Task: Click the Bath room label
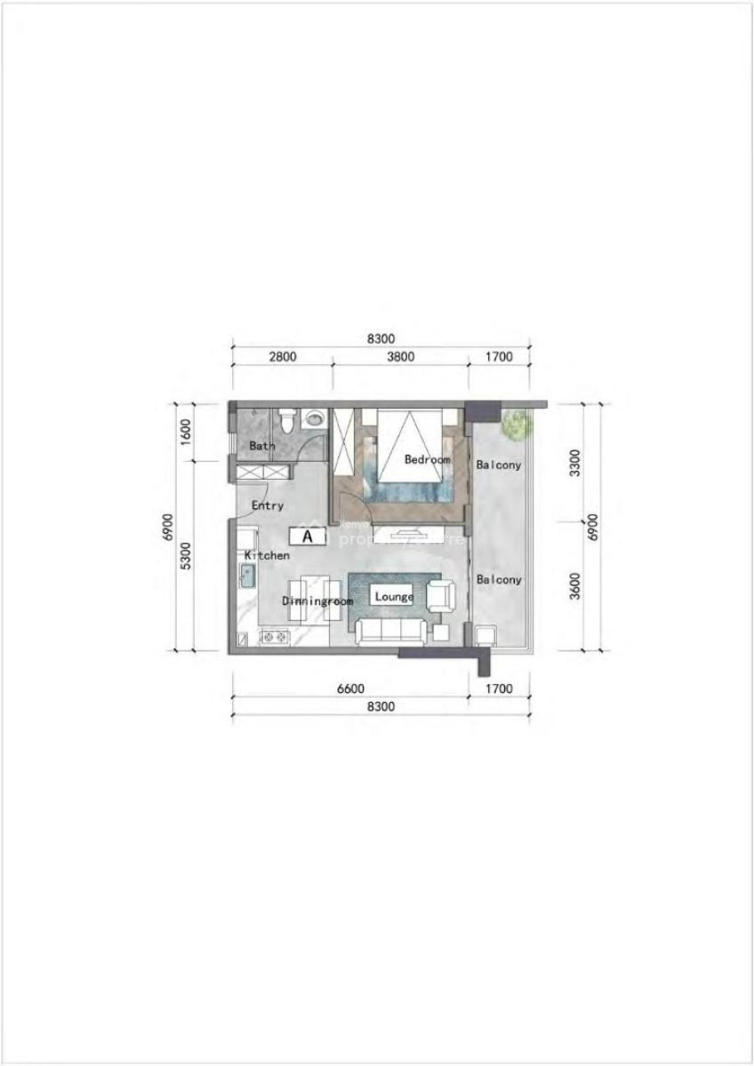click(261, 446)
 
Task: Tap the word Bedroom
click(427, 459)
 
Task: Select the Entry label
click(267, 505)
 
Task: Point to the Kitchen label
click(267, 555)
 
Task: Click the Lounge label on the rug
click(394, 596)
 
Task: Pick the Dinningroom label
click(317, 601)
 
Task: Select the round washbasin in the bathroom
click(313, 419)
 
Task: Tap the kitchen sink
click(247, 577)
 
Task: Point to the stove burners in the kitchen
click(272, 636)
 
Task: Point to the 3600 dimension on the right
click(574, 586)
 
